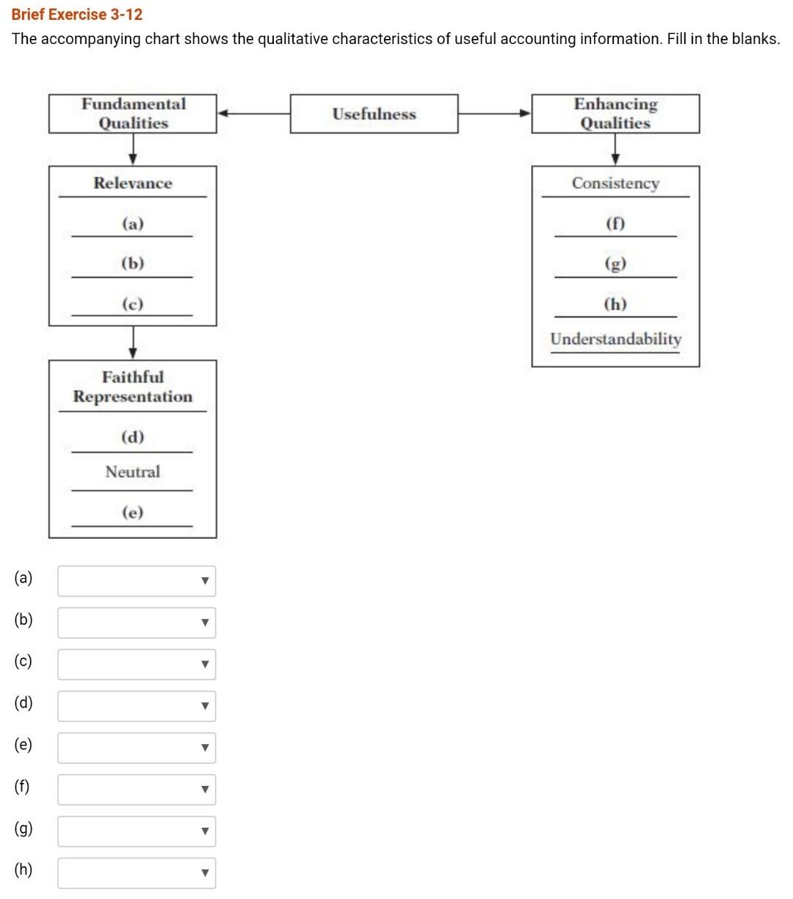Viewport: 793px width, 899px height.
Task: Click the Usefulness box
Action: click(374, 114)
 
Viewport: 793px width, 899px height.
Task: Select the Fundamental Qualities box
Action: click(133, 114)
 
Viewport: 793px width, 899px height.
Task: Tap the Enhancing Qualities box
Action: click(615, 114)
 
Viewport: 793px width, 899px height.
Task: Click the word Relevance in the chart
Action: click(133, 184)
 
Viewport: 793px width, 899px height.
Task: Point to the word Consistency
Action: click(615, 184)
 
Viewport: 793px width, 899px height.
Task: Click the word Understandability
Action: click(615, 339)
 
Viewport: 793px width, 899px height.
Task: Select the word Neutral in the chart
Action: click(133, 472)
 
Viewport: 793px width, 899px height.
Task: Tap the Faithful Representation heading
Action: click(133, 387)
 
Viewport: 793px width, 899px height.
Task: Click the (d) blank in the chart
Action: click(133, 438)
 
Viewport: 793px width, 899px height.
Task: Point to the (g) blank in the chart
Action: click(615, 264)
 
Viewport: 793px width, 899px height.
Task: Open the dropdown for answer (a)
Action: click(137, 581)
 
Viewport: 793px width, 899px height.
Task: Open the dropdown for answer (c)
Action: click(137, 664)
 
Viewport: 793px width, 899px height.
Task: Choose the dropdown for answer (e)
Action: click(137, 748)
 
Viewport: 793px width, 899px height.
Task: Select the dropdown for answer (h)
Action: click(137, 873)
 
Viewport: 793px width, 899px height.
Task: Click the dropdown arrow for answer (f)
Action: click(206, 790)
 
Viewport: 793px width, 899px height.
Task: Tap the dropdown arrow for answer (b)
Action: click(206, 623)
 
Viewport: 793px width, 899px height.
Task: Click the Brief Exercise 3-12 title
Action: click(77, 15)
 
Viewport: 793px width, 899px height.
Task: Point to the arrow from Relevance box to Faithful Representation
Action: click(133, 342)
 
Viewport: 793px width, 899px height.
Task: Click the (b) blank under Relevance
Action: click(133, 264)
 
